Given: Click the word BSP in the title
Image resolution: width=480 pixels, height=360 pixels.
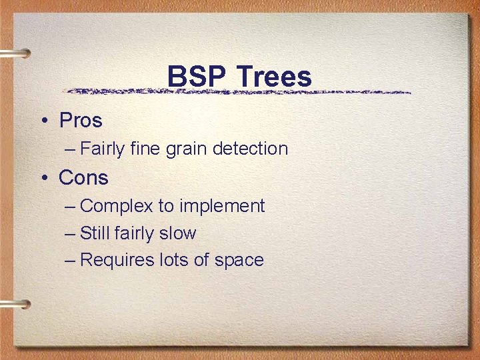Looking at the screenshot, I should coord(193,77).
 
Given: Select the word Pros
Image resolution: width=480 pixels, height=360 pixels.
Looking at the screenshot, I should coord(81,121).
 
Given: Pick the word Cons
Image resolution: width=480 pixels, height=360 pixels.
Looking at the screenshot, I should coord(83,178).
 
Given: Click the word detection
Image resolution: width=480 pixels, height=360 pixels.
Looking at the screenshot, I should coord(250,149).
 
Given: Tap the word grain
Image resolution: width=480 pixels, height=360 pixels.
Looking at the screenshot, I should coord(187,149).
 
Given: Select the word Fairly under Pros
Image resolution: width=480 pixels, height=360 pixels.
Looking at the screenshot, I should coord(102,149).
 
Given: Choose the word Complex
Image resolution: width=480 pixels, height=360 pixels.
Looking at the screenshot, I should coord(117,207).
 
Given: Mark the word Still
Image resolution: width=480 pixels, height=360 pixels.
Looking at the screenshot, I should coord(94,233).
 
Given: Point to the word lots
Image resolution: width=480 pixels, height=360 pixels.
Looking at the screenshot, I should coord(174,260).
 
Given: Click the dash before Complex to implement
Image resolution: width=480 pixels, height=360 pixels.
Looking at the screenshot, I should coord(71,207).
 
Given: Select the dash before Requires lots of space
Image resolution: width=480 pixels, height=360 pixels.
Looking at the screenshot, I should coord(71,260).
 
